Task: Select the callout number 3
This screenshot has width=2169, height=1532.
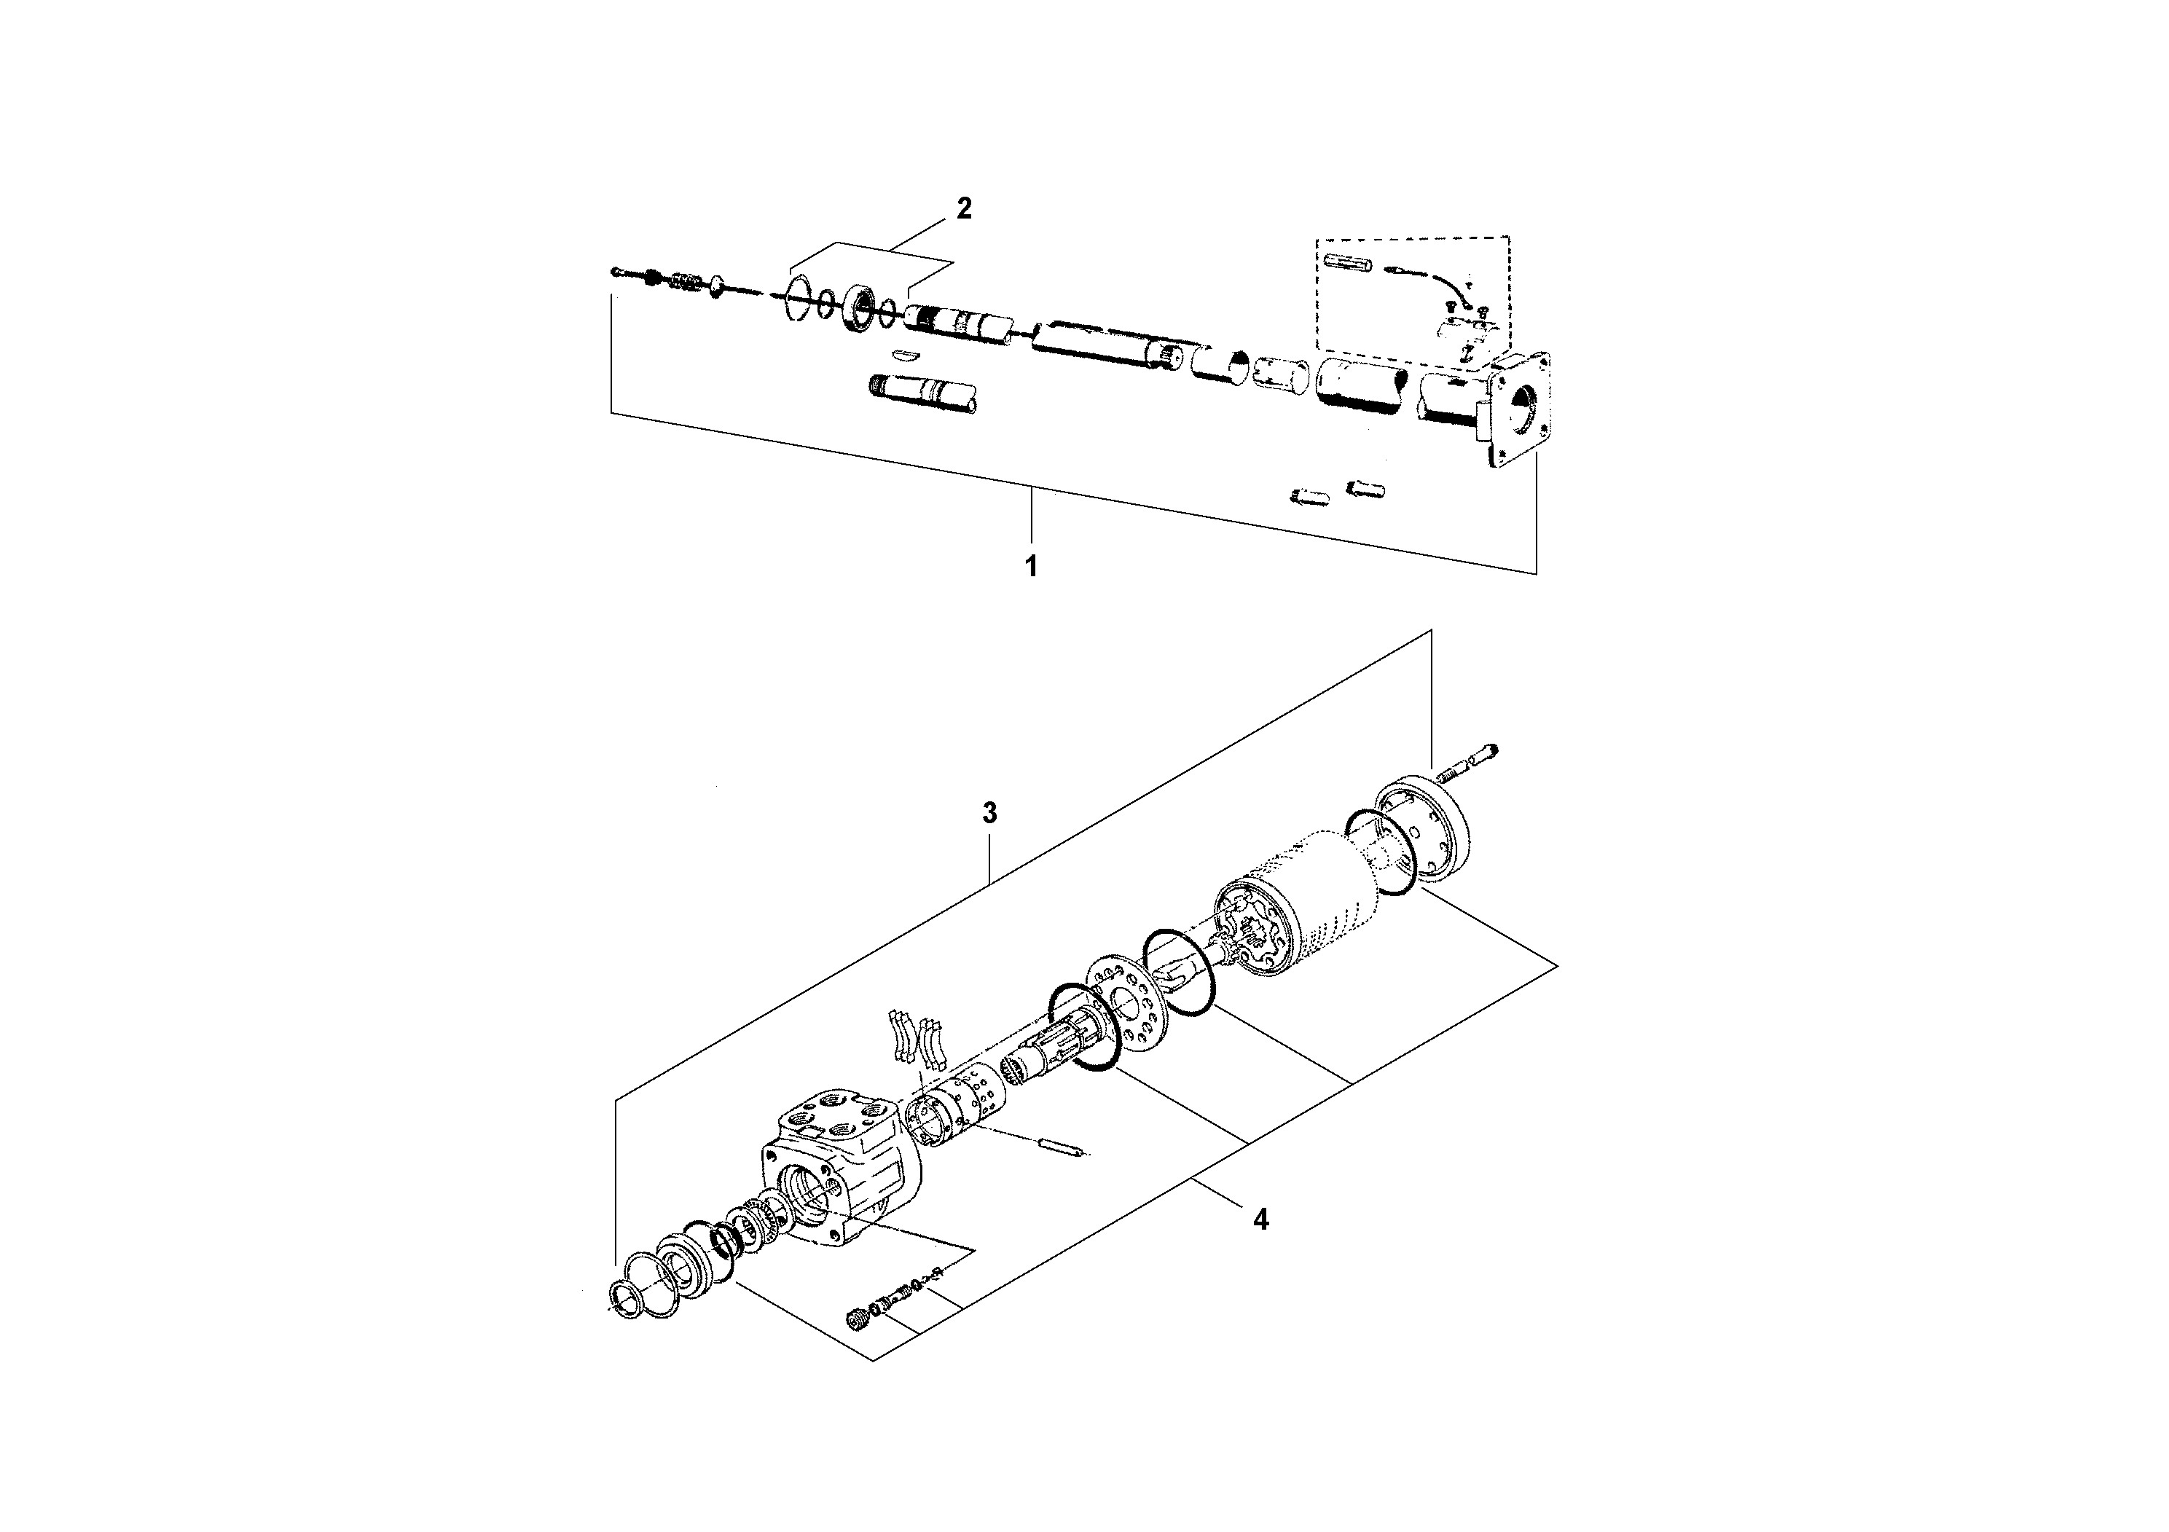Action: pos(989,812)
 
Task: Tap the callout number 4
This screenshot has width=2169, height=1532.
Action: pos(1260,1219)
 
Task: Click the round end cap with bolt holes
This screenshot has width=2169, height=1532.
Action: pos(1424,830)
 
